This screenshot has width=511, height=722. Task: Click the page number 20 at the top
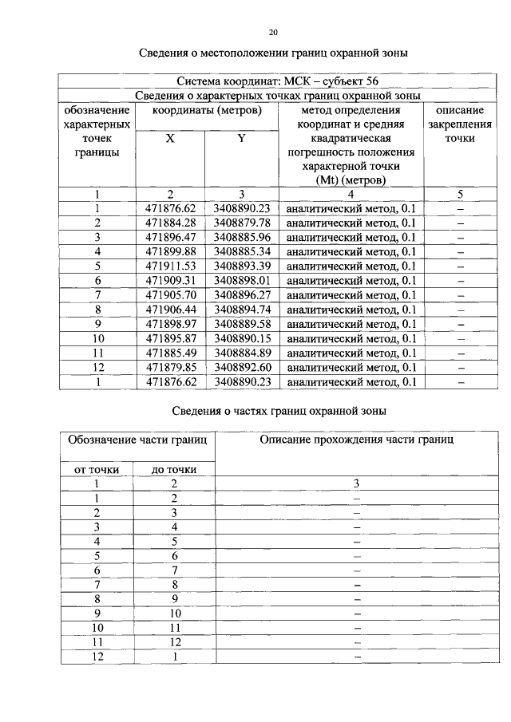tap(273, 33)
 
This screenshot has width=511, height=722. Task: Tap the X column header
tap(170, 138)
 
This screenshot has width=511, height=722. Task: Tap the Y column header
tap(241, 138)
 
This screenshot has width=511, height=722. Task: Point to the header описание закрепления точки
tap(460, 124)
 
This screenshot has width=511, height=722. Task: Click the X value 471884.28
tap(170, 222)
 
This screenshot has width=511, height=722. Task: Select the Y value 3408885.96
tap(242, 237)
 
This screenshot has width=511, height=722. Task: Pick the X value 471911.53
tap(170, 266)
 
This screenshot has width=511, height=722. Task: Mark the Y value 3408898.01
tap(242, 280)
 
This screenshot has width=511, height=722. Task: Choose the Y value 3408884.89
tap(242, 353)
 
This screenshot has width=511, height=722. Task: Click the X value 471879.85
tap(170, 367)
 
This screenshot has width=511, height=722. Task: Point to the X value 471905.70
tap(170, 294)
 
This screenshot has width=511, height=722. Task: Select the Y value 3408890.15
tap(242, 338)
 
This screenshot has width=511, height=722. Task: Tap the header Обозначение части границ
tap(137, 440)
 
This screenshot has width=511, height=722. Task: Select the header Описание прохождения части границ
tap(357, 440)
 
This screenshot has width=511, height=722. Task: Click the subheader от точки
tap(97, 469)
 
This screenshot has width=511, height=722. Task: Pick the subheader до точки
tap(173, 469)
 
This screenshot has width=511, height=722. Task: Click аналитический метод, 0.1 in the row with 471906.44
tap(351, 310)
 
